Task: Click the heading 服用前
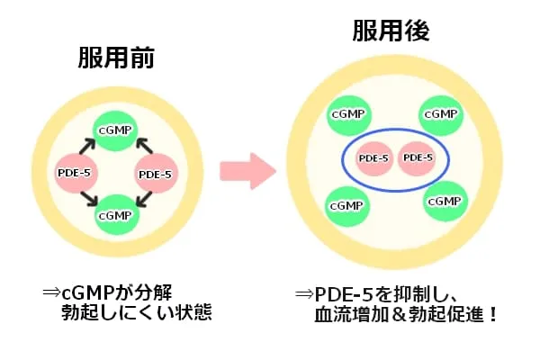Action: pyautogui.click(x=116, y=58)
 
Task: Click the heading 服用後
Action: pyautogui.click(x=391, y=31)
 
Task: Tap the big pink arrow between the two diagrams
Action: pyautogui.click(x=248, y=171)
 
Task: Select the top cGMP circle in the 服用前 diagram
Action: pyautogui.click(x=115, y=130)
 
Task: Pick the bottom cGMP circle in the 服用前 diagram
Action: pyautogui.click(x=116, y=215)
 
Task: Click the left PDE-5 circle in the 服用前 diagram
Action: pyautogui.click(x=75, y=173)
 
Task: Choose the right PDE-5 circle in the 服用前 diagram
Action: pyautogui.click(x=156, y=174)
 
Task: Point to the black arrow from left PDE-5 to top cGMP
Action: pyautogui.click(x=87, y=146)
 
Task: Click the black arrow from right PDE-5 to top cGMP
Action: pyautogui.click(x=145, y=146)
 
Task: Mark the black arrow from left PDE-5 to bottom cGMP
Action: pyautogui.click(x=89, y=199)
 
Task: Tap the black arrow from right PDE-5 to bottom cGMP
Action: pyautogui.click(x=144, y=199)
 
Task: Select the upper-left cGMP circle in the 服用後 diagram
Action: pyautogui.click(x=349, y=115)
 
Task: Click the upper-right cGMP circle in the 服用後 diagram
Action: pyautogui.click(x=441, y=115)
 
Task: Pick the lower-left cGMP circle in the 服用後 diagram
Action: pyautogui.click(x=347, y=206)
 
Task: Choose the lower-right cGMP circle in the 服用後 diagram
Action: pyautogui.click(x=445, y=202)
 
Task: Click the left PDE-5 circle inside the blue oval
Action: pyautogui.click(x=374, y=158)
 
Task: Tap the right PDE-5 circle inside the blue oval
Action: pyautogui.click(x=418, y=158)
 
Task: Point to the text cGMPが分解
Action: pyautogui.click(x=116, y=292)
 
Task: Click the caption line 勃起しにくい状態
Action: pyautogui.click(x=137, y=312)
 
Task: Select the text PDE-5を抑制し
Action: pyautogui.click(x=386, y=294)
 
